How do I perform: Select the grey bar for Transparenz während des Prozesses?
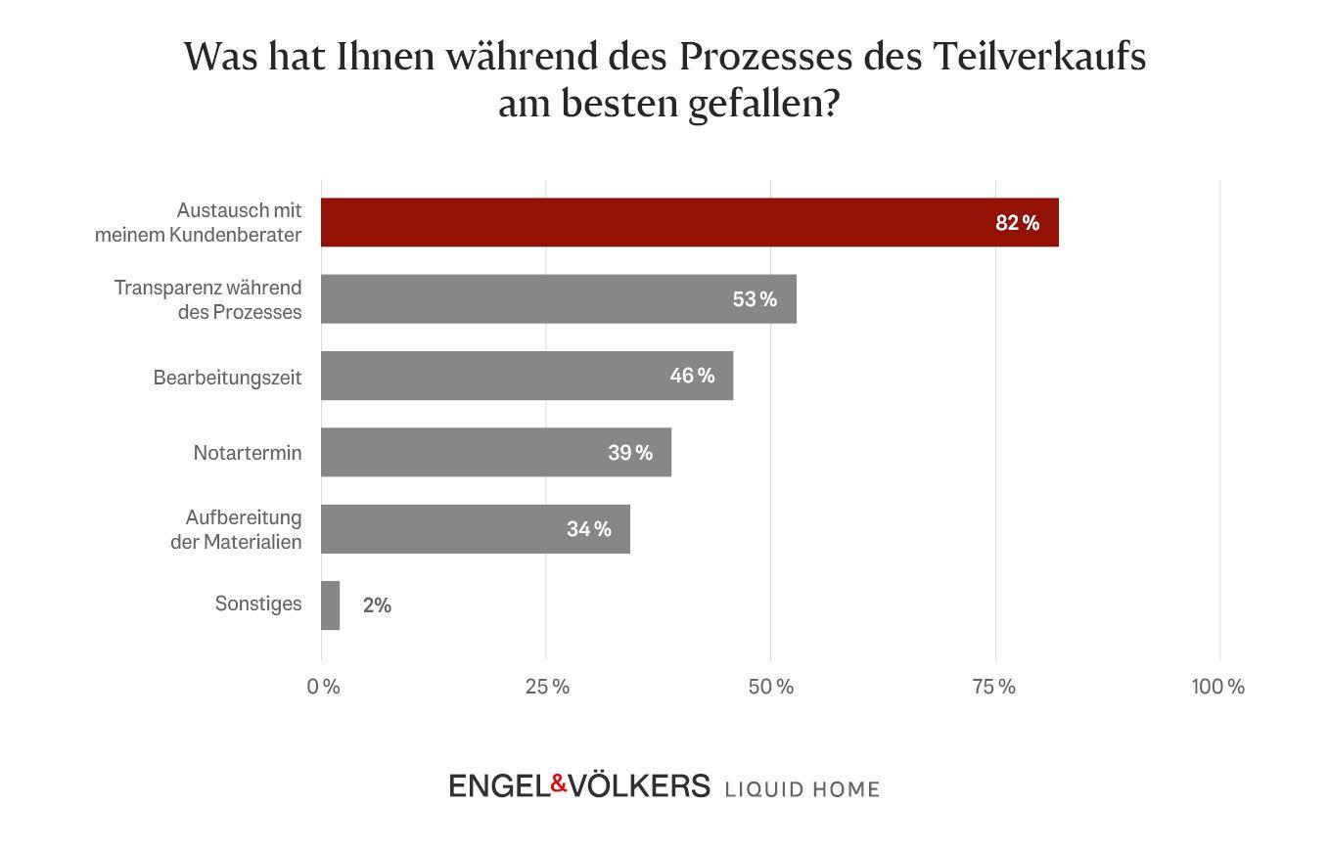(x=558, y=298)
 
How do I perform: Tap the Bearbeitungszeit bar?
(x=527, y=376)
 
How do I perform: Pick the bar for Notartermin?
(x=495, y=452)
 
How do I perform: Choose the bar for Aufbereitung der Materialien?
(x=475, y=528)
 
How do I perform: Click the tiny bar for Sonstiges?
(x=330, y=605)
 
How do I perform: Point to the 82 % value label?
(x=1017, y=223)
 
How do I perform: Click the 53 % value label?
(x=755, y=299)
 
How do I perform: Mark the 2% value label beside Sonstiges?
(x=377, y=605)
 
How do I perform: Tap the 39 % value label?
(x=630, y=453)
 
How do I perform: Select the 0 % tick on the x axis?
(x=323, y=687)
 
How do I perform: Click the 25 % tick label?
(x=547, y=687)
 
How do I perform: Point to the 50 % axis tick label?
(x=771, y=687)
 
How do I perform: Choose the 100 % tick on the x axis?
(x=1217, y=687)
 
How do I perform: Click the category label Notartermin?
(x=248, y=453)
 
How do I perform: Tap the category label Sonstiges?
(x=258, y=604)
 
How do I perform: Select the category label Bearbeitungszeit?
(x=227, y=377)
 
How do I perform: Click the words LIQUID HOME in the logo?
(x=802, y=788)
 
